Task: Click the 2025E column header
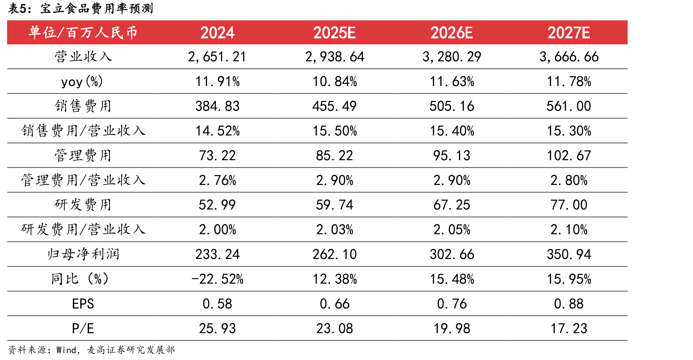click(x=334, y=33)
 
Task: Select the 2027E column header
click(x=569, y=33)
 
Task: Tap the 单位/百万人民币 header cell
click(x=83, y=33)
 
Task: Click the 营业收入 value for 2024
click(x=217, y=57)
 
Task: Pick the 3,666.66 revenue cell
click(x=569, y=57)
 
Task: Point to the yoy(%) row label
click(x=82, y=82)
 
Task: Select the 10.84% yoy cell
click(x=334, y=82)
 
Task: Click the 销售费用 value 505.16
click(x=451, y=106)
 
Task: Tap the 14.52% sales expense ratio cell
click(x=217, y=131)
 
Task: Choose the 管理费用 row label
click(x=83, y=155)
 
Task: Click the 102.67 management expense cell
click(x=569, y=156)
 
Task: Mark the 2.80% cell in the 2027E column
click(x=569, y=181)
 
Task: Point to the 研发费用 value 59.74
click(x=334, y=205)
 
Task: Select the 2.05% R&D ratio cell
click(x=451, y=230)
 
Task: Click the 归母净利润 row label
click(x=83, y=254)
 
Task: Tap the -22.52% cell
click(x=217, y=279)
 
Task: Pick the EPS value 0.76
click(x=451, y=304)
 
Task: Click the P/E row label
click(x=83, y=329)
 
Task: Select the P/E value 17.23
click(x=569, y=329)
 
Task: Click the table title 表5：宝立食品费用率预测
click(x=81, y=8)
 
